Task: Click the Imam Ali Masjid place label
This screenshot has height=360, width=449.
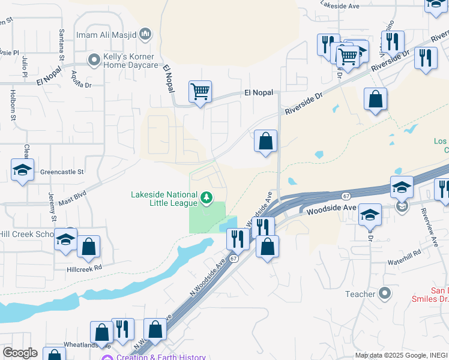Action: pos(106,35)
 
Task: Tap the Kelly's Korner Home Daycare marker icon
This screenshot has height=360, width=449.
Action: pos(93,60)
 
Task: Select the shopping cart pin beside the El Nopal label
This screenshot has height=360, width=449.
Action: pos(200,92)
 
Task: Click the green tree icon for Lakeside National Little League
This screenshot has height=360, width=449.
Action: pos(206,197)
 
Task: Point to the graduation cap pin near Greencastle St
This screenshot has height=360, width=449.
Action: pos(22,170)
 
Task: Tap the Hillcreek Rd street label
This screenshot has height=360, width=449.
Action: pos(85,266)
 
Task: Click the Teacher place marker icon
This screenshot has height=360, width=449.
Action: pos(385,294)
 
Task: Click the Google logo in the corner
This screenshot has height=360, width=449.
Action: pos(20,352)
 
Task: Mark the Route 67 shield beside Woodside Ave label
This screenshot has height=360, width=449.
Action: pos(346,196)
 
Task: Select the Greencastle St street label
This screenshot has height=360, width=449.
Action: pos(62,172)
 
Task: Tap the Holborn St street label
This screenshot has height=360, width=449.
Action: pos(13,104)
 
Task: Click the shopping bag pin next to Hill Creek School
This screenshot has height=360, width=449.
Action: pos(88,247)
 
